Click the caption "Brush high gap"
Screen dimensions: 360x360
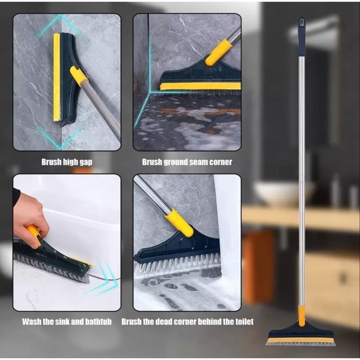point(67,162)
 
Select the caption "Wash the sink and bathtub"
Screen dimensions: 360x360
point(67,321)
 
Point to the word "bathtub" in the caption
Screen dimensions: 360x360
point(98,321)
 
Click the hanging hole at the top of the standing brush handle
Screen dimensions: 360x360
point(301,22)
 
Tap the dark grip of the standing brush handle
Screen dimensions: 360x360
point(301,37)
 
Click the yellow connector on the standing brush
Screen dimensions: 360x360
point(301,316)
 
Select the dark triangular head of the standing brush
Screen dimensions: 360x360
point(301,330)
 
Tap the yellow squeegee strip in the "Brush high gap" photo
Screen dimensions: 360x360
point(57,77)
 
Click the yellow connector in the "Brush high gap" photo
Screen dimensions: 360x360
point(79,76)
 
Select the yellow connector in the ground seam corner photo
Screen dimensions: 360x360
point(219,52)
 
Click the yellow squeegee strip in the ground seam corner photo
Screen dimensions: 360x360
point(200,86)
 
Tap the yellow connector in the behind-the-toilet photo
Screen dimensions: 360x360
point(180,222)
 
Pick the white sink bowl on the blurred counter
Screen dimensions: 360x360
point(284,193)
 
